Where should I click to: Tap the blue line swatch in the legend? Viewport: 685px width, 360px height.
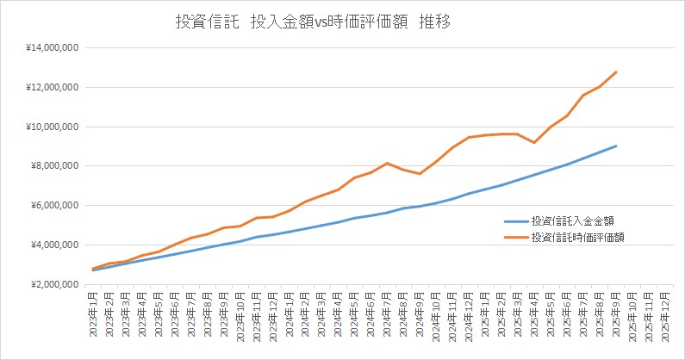click(x=515, y=220)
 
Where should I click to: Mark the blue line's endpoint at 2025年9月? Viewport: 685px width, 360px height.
click(x=616, y=146)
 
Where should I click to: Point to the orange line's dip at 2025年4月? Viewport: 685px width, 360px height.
click(x=534, y=142)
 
